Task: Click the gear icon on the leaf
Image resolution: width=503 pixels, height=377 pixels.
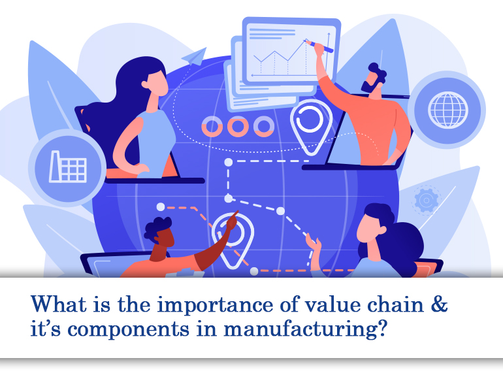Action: pos(429,198)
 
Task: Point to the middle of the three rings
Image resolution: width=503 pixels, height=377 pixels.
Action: pos(238,125)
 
